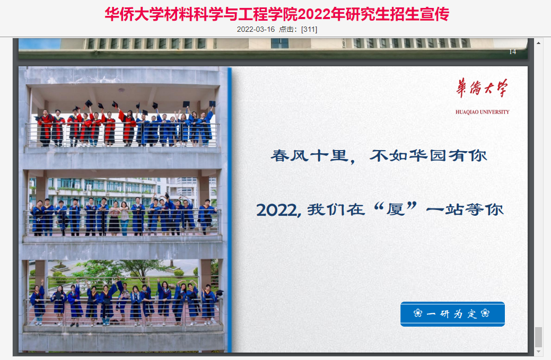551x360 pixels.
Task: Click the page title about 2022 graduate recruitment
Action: coord(277,14)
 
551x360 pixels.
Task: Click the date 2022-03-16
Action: coord(256,30)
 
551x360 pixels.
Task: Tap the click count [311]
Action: coord(309,30)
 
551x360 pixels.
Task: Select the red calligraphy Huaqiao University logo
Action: coord(482,88)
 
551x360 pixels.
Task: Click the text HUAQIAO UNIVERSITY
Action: coord(482,112)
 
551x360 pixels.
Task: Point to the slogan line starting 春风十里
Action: coord(379,155)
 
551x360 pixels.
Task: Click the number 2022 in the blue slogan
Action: coord(277,210)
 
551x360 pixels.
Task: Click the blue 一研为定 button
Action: coord(452,314)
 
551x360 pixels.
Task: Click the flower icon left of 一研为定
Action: coord(418,313)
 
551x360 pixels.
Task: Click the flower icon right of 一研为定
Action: coord(485,313)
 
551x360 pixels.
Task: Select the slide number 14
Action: coord(513,52)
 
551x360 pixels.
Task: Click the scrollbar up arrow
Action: coord(538,43)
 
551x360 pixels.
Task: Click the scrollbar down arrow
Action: coord(538,351)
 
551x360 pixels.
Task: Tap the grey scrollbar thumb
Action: coord(538,337)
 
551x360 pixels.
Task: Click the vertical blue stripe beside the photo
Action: coord(230,209)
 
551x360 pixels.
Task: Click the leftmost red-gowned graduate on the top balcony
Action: coord(45,128)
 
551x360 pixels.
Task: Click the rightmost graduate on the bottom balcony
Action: coord(209,304)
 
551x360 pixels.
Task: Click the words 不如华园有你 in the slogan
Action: coord(428,155)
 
